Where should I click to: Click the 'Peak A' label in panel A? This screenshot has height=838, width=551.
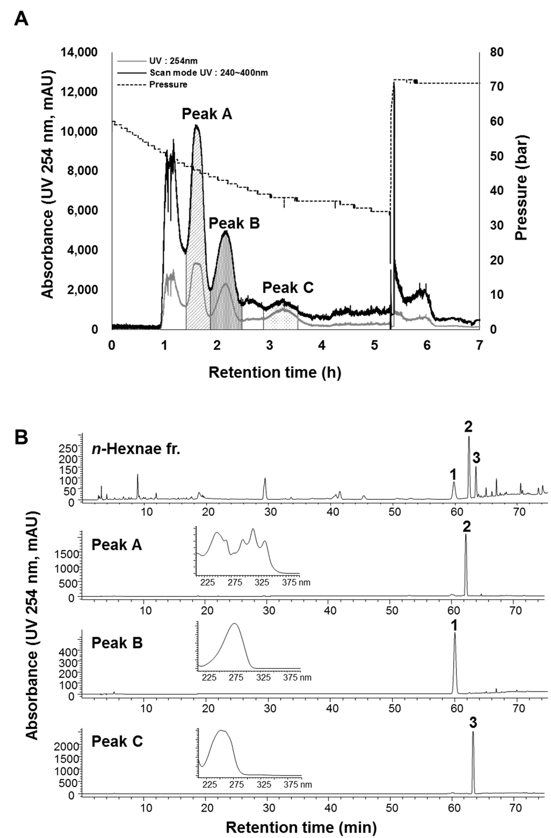tap(207, 114)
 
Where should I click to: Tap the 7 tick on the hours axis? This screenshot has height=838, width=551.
tap(479, 346)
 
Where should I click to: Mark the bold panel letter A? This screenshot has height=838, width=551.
tap(21, 19)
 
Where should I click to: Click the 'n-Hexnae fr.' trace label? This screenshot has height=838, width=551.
tap(136, 450)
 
